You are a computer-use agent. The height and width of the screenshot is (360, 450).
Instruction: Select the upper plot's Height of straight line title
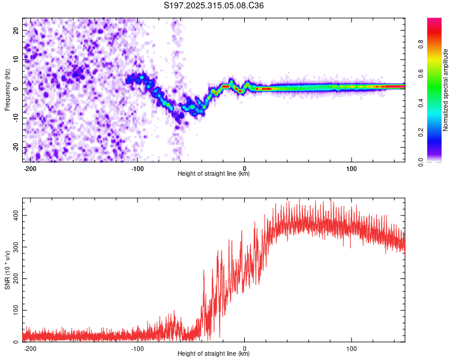point(214,174)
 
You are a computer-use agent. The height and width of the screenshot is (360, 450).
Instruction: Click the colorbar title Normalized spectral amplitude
point(446,90)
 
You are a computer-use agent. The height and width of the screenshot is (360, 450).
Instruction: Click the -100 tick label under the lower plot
point(137,348)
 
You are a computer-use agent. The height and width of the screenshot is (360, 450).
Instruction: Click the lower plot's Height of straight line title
point(214,354)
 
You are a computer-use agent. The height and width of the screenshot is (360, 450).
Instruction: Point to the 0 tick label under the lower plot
point(245,348)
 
